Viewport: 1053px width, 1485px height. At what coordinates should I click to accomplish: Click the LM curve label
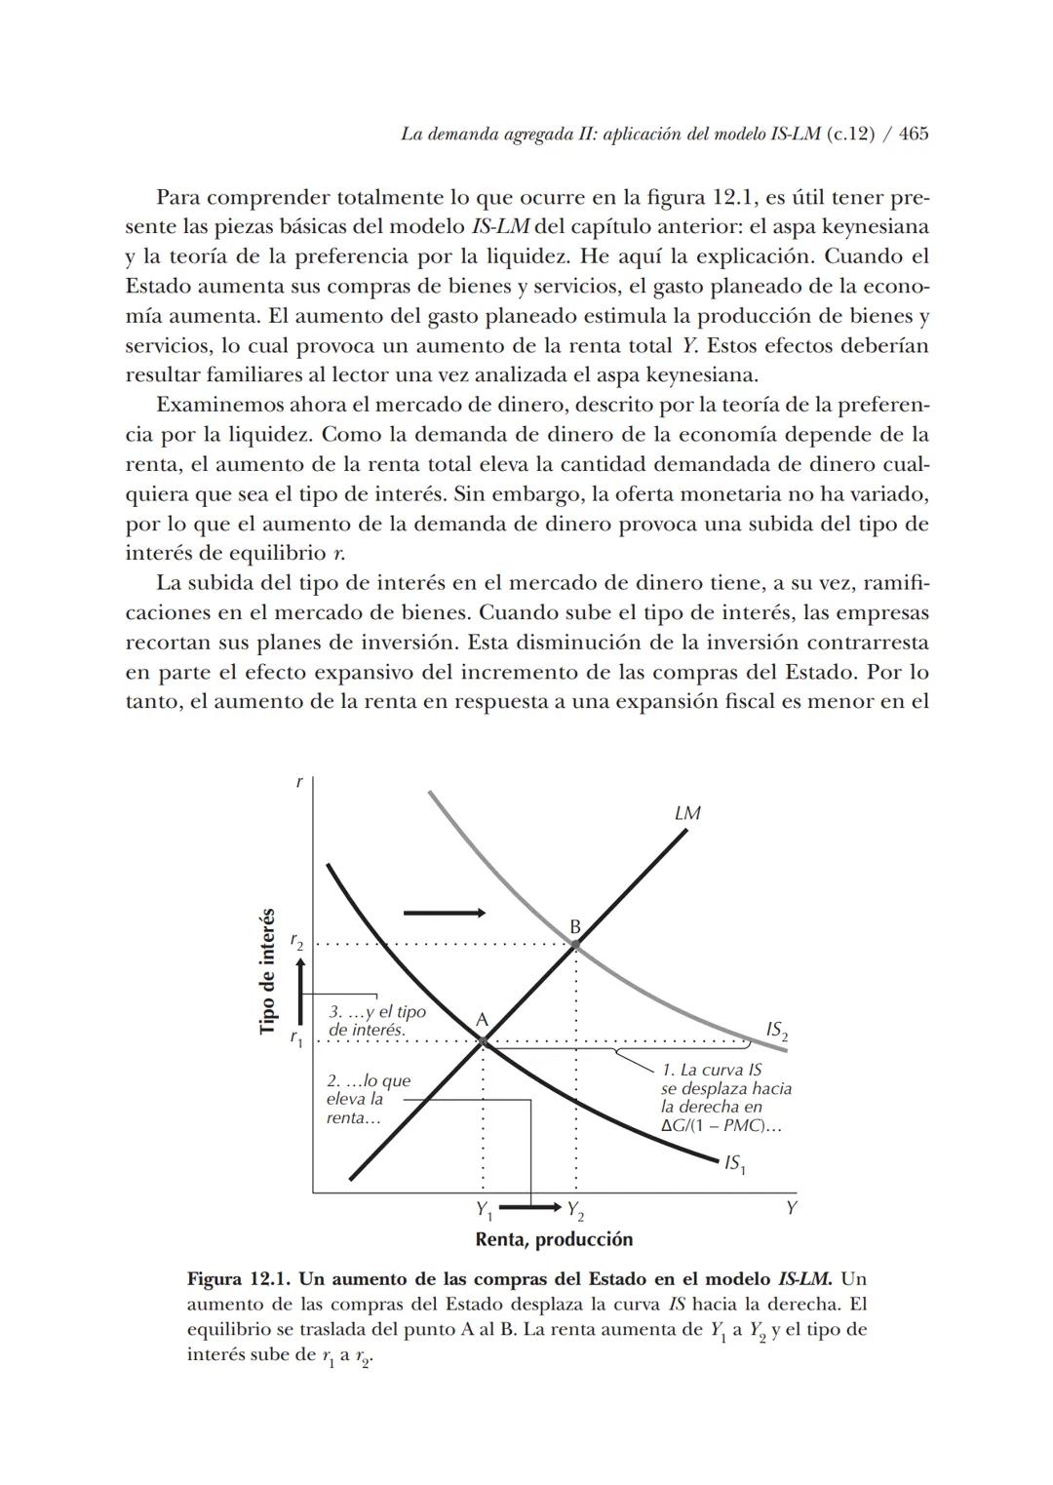tap(687, 812)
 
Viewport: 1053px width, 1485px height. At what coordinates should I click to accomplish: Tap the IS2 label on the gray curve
tap(776, 1030)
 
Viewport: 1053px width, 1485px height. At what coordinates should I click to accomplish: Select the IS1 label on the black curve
tap(734, 1163)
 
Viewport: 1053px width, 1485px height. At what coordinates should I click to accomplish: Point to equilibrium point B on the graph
tap(575, 944)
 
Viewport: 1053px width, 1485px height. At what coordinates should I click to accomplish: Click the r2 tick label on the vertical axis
tap(296, 941)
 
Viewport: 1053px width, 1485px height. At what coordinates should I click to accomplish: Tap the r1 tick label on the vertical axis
tap(296, 1039)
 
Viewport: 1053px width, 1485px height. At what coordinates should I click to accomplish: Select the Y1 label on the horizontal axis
tap(484, 1210)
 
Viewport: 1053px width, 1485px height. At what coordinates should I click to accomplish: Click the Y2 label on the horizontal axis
tap(575, 1210)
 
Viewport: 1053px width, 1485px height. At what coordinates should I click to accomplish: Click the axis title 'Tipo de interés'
tap(267, 972)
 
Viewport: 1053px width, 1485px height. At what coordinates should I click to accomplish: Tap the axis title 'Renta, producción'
tap(554, 1239)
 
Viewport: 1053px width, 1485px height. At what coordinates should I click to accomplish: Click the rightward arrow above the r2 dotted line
tap(444, 913)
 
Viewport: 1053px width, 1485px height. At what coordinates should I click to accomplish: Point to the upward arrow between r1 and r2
tap(301, 991)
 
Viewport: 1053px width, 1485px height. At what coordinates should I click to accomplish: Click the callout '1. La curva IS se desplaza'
tap(724, 1098)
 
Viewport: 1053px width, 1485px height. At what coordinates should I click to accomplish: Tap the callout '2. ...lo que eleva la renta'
tap(368, 1099)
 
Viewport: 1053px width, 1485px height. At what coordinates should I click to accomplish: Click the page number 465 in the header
tap(914, 134)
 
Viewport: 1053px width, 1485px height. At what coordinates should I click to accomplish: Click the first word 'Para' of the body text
tap(180, 198)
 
